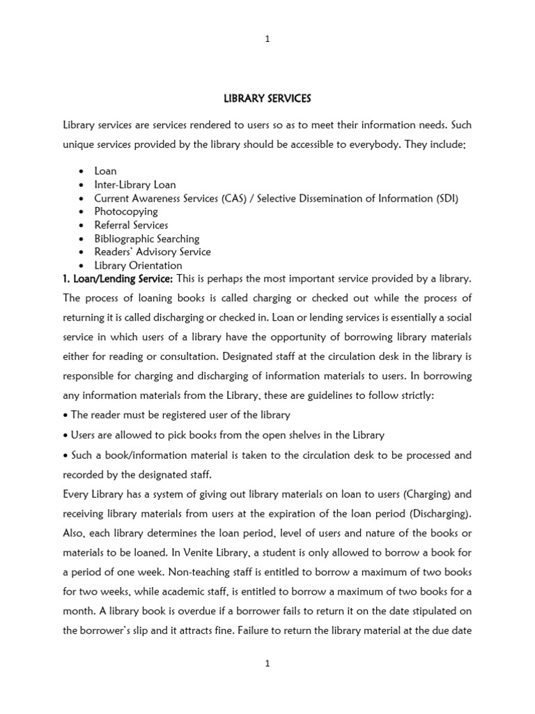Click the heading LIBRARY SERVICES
point(267,99)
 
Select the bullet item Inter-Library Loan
point(135,185)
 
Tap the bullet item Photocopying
point(126,211)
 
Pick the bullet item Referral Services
point(131,225)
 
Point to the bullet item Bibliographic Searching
point(147,238)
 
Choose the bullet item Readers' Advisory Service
point(153,252)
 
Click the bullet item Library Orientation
point(138,266)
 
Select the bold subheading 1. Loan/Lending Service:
point(118,279)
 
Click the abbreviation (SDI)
point(445,198)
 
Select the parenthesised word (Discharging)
point(440,515)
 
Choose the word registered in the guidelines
point(171,415)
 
